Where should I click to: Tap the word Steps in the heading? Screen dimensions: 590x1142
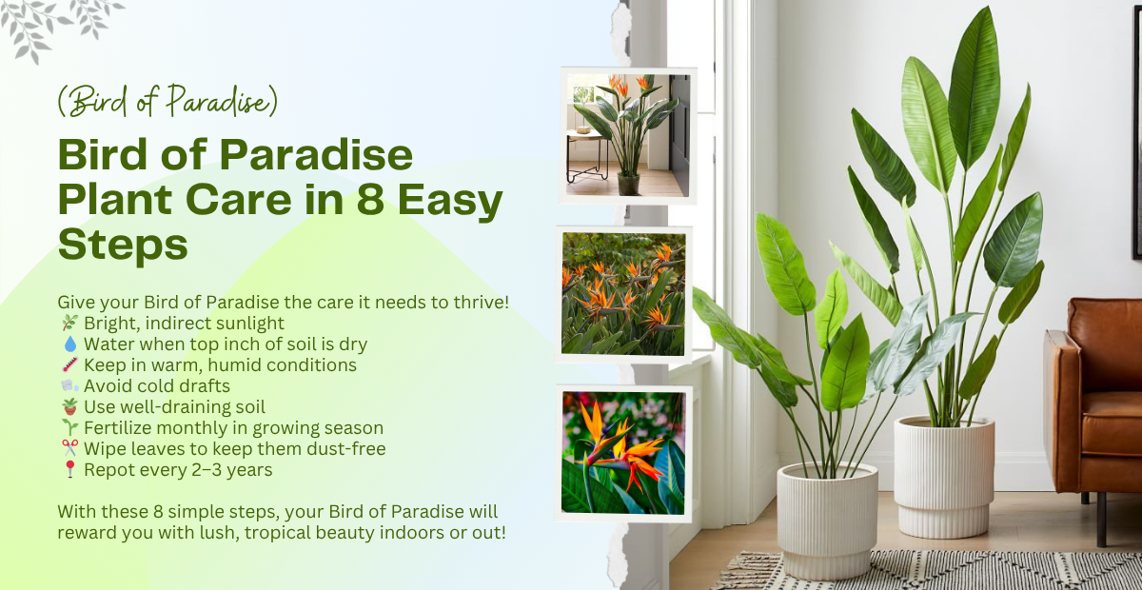[123, 245]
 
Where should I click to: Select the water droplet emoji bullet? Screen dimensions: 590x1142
[68, 344]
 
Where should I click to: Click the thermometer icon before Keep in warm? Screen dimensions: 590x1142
[68, 365]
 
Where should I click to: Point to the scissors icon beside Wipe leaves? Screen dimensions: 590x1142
[68, 449]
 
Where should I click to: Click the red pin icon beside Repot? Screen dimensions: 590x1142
[68, 470]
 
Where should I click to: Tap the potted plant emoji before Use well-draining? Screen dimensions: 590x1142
[68, 407]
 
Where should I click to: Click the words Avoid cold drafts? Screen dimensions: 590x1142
[157, 386]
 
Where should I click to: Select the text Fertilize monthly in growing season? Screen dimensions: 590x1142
[233, 428]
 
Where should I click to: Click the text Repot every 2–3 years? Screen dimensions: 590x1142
[178, 470]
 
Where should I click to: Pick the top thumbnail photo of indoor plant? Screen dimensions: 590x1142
[627, 135]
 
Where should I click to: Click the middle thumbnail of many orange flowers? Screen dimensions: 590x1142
[624, 293]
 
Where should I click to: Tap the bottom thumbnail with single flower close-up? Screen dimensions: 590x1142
[623, 452]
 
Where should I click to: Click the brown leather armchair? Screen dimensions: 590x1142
[1094, 400]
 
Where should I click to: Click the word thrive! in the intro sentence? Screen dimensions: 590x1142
[476, 303]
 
